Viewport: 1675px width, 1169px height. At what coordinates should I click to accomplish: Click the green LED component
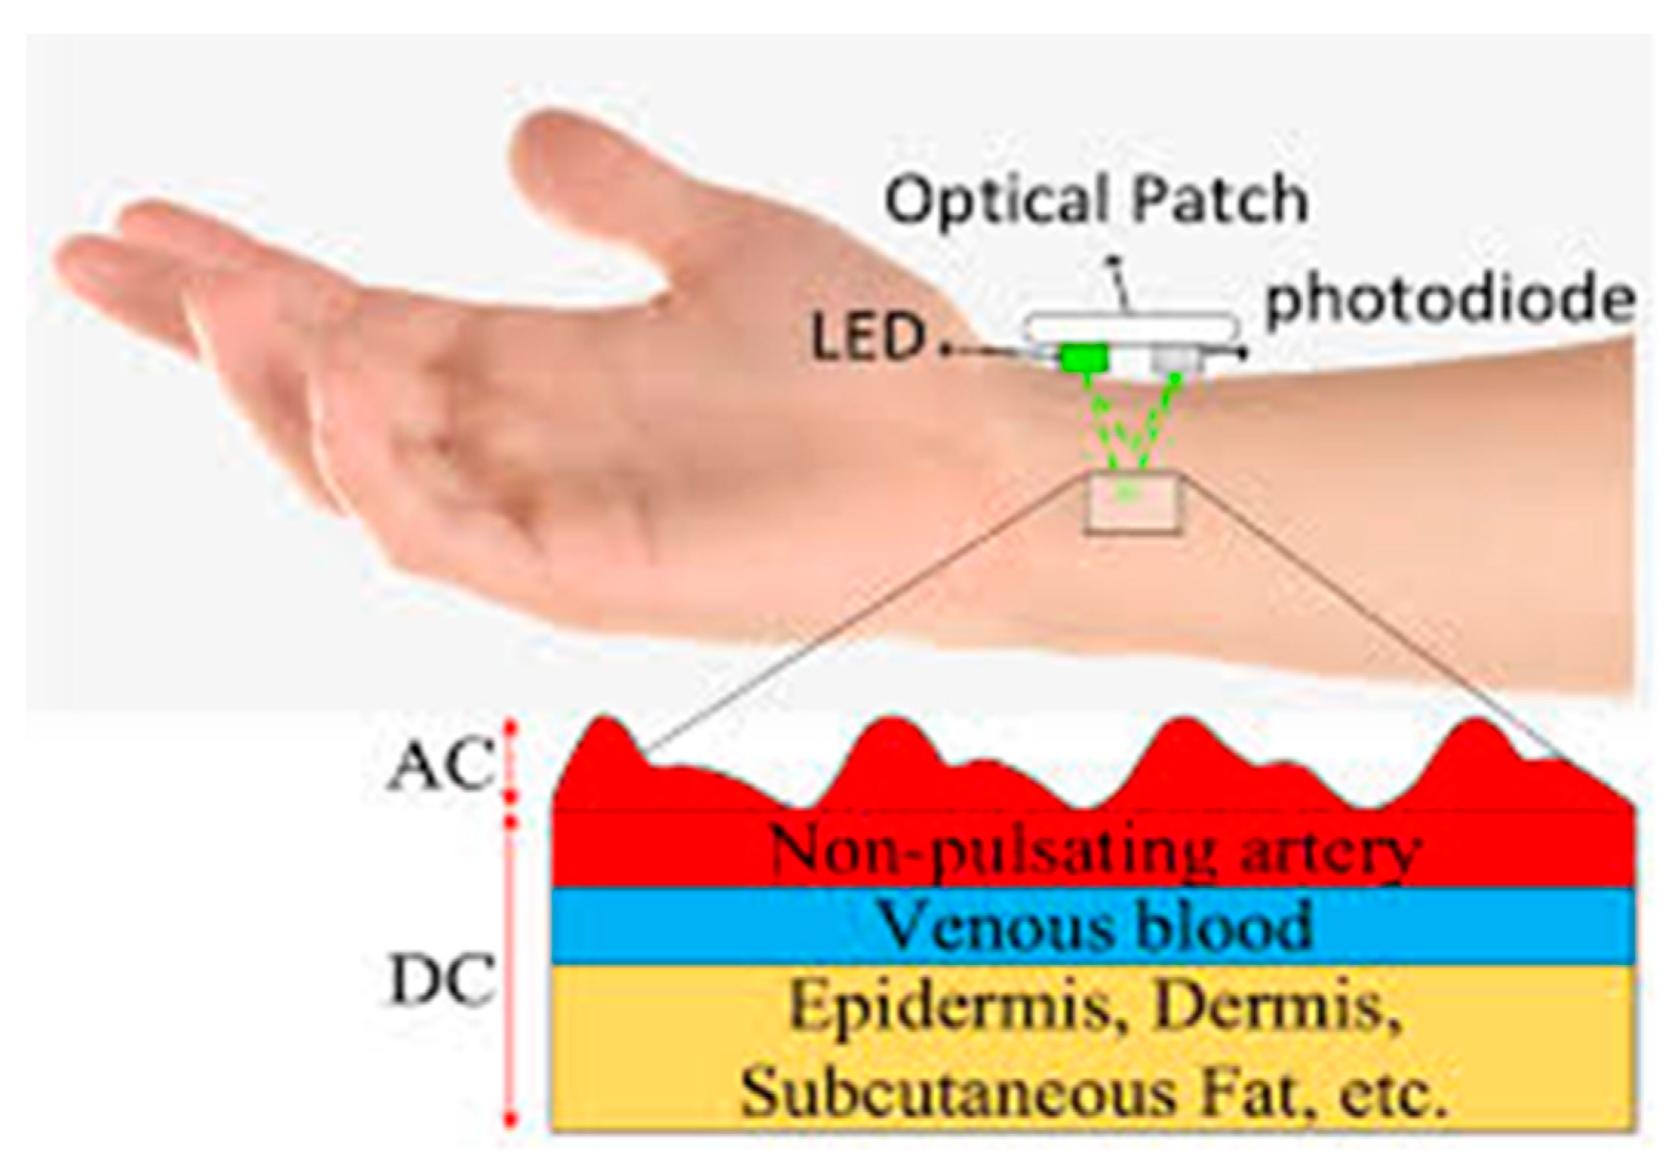coord(1084,358)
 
